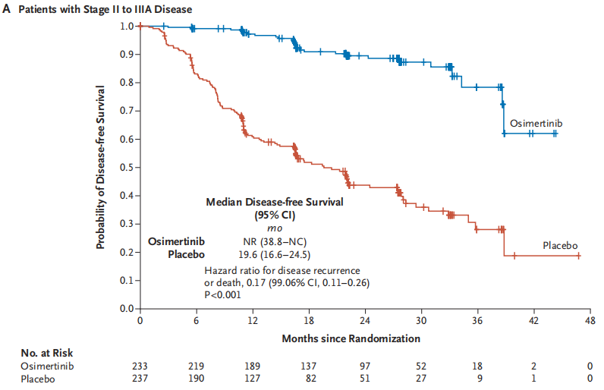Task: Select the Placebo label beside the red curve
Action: (560, 246)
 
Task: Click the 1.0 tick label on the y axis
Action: (127, 26)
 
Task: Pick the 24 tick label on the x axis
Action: (365, 321)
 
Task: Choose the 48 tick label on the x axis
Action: (590, 321)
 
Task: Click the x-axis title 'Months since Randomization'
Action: (351, 337)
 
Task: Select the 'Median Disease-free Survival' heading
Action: (275, 203)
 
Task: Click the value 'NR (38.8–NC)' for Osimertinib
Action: (274, 241)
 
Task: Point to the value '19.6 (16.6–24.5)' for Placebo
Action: (274, 254)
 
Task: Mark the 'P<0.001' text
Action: (223, 295)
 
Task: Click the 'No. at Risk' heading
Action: (46, 352)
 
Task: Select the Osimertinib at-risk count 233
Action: (140, 366)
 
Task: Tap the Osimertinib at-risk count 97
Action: (365, 366)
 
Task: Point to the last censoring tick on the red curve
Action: (579, 256)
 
